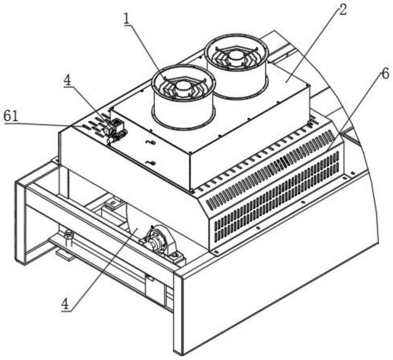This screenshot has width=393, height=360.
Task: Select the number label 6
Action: pos(385,74)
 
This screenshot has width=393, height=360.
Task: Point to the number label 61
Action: pos(11,116)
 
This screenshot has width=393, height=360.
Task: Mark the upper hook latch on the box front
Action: pos(151,142)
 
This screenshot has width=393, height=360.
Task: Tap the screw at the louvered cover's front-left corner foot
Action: pos(217,251)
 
